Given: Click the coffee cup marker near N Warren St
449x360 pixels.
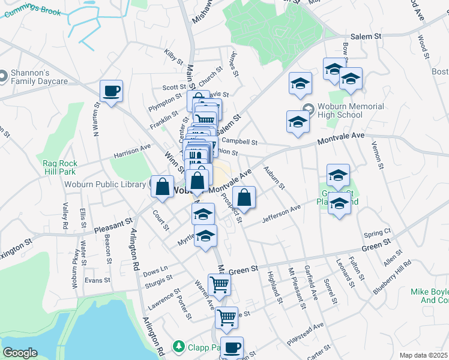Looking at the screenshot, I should click(x=111, y=91).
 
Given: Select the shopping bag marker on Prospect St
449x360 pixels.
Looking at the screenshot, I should click(x=244, y=197).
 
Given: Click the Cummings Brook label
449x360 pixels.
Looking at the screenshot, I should click(x=30, y=7).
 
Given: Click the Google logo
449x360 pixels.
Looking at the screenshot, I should click(x=20, y=353).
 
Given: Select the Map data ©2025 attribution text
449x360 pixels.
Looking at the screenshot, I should click(x=423, y=355).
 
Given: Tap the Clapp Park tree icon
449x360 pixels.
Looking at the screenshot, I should click(x=178, y=346).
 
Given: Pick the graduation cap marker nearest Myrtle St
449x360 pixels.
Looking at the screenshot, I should click(x=205, y=235).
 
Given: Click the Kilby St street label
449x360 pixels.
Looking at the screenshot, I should click(x=174, y=56).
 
